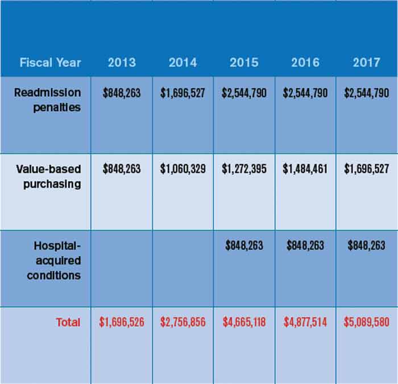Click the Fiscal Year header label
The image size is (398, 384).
pos(50,63)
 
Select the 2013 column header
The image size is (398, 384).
pos(122,63)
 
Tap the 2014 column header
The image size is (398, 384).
pos(183,63)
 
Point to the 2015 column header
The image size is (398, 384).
pos(244,63)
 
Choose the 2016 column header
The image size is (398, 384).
pos(305,63)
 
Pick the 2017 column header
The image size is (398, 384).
pos(366,63)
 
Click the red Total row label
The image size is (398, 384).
pos(68,322)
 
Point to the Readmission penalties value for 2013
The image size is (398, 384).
pos(122,93)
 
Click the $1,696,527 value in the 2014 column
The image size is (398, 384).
pos(183,93)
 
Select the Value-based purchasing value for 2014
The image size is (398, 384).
pos(183,170)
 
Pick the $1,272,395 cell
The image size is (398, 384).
pos(244,170)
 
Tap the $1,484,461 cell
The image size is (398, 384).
pos(305,170)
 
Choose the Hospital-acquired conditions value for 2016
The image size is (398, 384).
pos(305,246)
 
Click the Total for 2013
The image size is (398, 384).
pos(122,322)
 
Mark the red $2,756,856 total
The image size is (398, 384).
pos(183,322)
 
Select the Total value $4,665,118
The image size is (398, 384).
pos(244,322)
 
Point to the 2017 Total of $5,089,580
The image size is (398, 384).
pos(366,322)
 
